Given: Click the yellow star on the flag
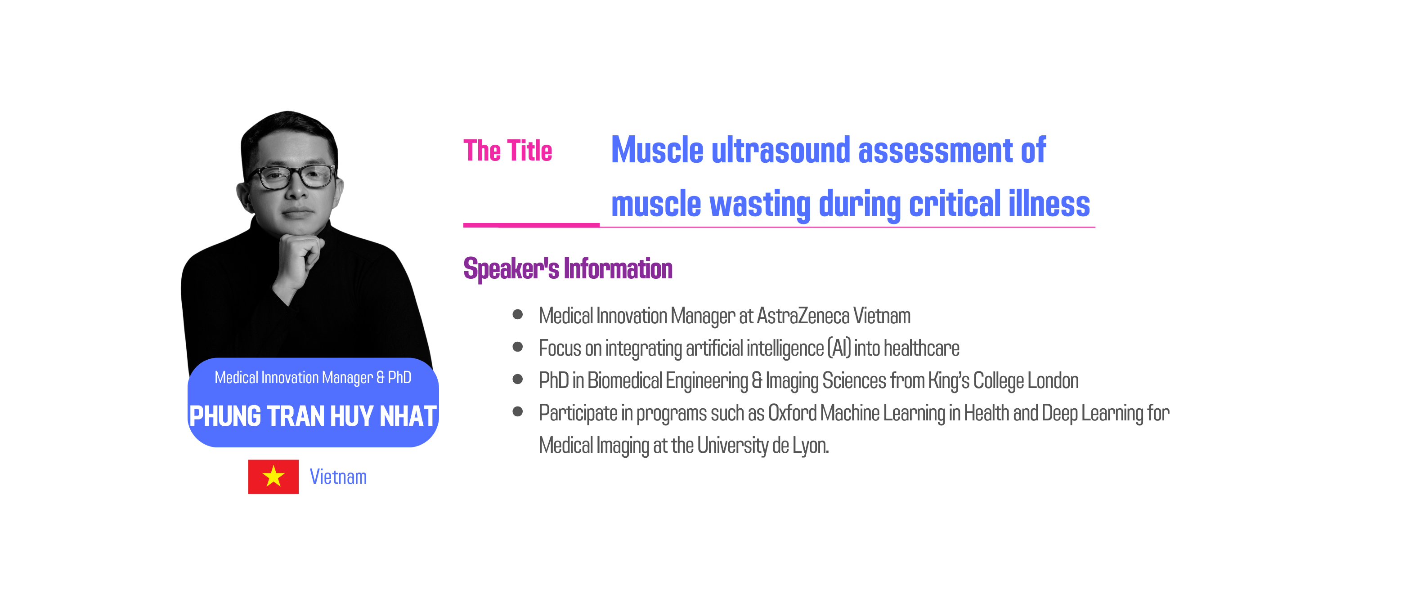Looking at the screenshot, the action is (x=274, y=476).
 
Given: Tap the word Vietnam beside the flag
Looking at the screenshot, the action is (x=338, y=477).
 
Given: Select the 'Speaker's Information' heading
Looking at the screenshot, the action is (x=568, y=269).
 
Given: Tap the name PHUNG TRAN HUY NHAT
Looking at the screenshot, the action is (x=313, y=415).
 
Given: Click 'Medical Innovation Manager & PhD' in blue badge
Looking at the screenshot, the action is (x=313, y=377).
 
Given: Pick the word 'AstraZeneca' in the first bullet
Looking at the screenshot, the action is (x=803, y=316).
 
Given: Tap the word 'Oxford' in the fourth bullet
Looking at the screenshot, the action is (x=792, y=413).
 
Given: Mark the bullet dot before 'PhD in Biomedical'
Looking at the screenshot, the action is (x=518, y=379).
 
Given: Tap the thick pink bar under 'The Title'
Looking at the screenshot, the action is (x=531, y=225).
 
